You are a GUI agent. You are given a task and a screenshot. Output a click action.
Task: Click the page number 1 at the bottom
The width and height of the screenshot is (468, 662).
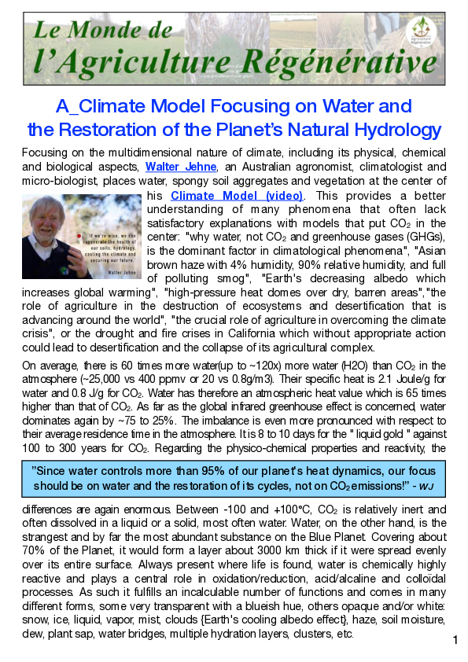[x=455, y=642]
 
